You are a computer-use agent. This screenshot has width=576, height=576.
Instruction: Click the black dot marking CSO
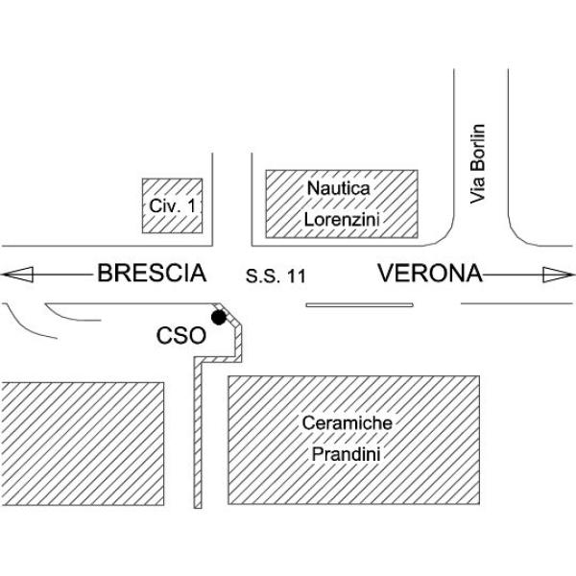(219, 318)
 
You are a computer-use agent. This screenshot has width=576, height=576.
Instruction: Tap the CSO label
(181, 336)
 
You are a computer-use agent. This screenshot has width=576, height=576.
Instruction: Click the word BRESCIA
(152, 273)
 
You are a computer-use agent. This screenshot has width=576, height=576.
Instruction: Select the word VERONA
(430, 273)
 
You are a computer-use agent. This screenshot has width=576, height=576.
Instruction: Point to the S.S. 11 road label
(276, 276)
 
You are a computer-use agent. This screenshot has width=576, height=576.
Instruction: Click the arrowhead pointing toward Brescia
(17, 275)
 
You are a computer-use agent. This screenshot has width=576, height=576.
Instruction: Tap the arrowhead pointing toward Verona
(558, 275)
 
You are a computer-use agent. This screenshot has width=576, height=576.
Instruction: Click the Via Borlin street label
(477, 164)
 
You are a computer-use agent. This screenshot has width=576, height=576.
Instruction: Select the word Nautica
(338, 188)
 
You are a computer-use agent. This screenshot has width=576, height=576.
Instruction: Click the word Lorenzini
(342, 220)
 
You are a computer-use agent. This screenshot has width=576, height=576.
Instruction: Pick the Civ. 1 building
(172, 205)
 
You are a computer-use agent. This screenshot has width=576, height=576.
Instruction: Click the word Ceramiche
(348, 422)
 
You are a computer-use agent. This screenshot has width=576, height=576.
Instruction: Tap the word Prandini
(346, 454)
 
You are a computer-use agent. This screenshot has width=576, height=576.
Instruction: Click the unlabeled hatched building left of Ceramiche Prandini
(83, 444)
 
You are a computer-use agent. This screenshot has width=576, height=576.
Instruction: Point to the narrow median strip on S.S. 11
(359, 305)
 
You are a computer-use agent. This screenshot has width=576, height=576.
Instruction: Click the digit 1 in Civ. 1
(191, 205)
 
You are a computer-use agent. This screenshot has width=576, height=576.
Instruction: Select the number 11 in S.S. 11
(296, 276)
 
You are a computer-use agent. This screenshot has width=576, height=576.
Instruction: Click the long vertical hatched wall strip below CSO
(198, 435)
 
